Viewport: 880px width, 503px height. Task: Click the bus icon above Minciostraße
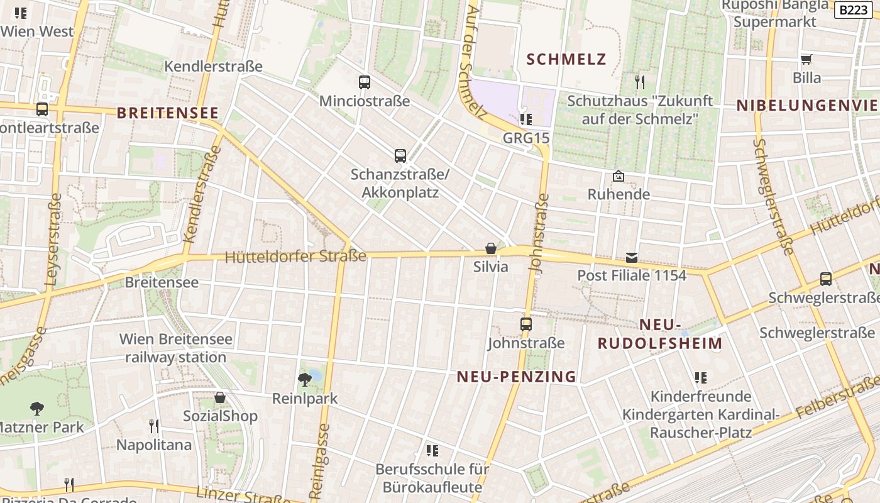tap(364, 82)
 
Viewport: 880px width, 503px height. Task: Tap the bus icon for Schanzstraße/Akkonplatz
tap(400, 155)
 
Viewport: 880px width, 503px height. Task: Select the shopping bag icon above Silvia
tap(491, 248)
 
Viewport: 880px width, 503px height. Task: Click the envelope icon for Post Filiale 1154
tap(632, 257)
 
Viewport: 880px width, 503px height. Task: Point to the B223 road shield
tap(853, 9)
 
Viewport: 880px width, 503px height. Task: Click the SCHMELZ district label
tap(566, 60)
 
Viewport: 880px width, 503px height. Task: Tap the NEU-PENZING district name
tap(516, 377)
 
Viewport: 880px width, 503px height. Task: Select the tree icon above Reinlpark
tap(305, 379)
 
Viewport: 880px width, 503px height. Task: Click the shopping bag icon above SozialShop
tap(220, 397)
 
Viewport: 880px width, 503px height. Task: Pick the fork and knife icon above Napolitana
tap(154, 426)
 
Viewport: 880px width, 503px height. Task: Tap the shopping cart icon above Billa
tap(806, 59)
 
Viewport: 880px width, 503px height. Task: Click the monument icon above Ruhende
tap(619, 176)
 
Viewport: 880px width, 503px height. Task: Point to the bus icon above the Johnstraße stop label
tap(526, 324)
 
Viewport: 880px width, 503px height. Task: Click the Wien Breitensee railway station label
tap(176, 348)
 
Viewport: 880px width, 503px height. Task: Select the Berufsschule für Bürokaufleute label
tap(432, 478)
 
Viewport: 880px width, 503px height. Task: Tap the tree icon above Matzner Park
tap(37, 409)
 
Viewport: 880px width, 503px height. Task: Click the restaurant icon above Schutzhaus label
tap(640, 82)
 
